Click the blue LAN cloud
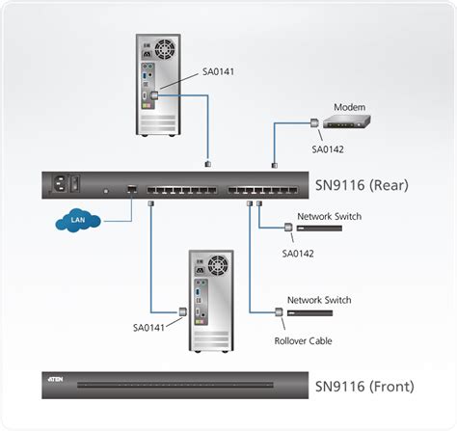point(76,222)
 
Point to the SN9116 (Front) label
point(364,388)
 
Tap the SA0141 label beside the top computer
point(219,70)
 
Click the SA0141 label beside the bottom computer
point(150,327)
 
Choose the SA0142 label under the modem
point(328,148)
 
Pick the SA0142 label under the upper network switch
point(298,253)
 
